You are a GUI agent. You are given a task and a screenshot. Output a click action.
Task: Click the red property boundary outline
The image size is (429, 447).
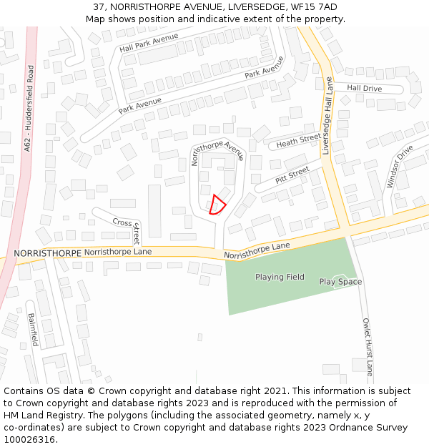point(217,205)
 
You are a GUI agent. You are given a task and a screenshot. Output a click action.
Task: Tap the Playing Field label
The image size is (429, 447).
point(280,277)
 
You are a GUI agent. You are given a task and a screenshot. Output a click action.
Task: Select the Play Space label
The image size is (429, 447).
point(340,282)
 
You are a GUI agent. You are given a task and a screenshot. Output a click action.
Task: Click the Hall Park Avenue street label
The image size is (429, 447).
point(149,43)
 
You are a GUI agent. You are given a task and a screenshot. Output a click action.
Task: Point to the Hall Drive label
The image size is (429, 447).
point(365,88)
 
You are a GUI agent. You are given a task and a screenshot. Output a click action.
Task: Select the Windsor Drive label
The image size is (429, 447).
point(400,167)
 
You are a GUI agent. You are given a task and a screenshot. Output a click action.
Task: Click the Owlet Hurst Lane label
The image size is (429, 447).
point(368,347)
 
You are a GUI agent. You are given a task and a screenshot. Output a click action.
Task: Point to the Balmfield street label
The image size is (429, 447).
point(32,330)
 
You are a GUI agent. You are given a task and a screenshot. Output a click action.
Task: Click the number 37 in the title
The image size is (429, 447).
point(99,7)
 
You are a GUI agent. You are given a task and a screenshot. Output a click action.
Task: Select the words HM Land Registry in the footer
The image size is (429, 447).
point(40,415)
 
